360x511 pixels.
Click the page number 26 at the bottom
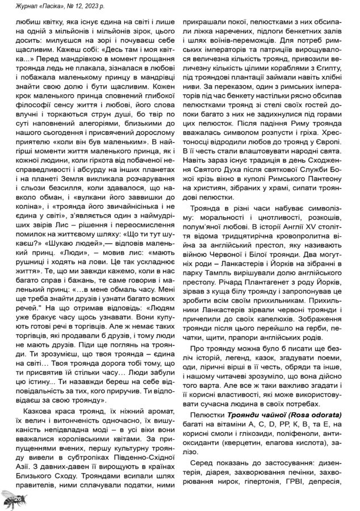tap(18, 498)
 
